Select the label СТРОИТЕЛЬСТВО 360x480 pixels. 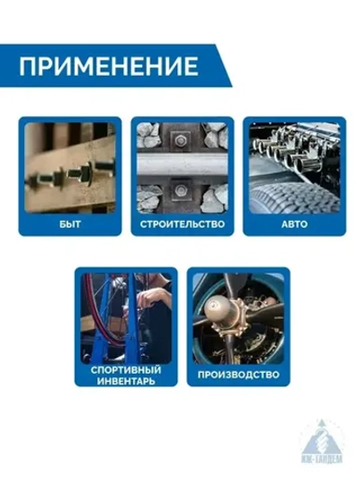tap(182, 222)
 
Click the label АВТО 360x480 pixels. tap(293, 222)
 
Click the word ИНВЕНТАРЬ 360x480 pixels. tap(126, 381)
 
